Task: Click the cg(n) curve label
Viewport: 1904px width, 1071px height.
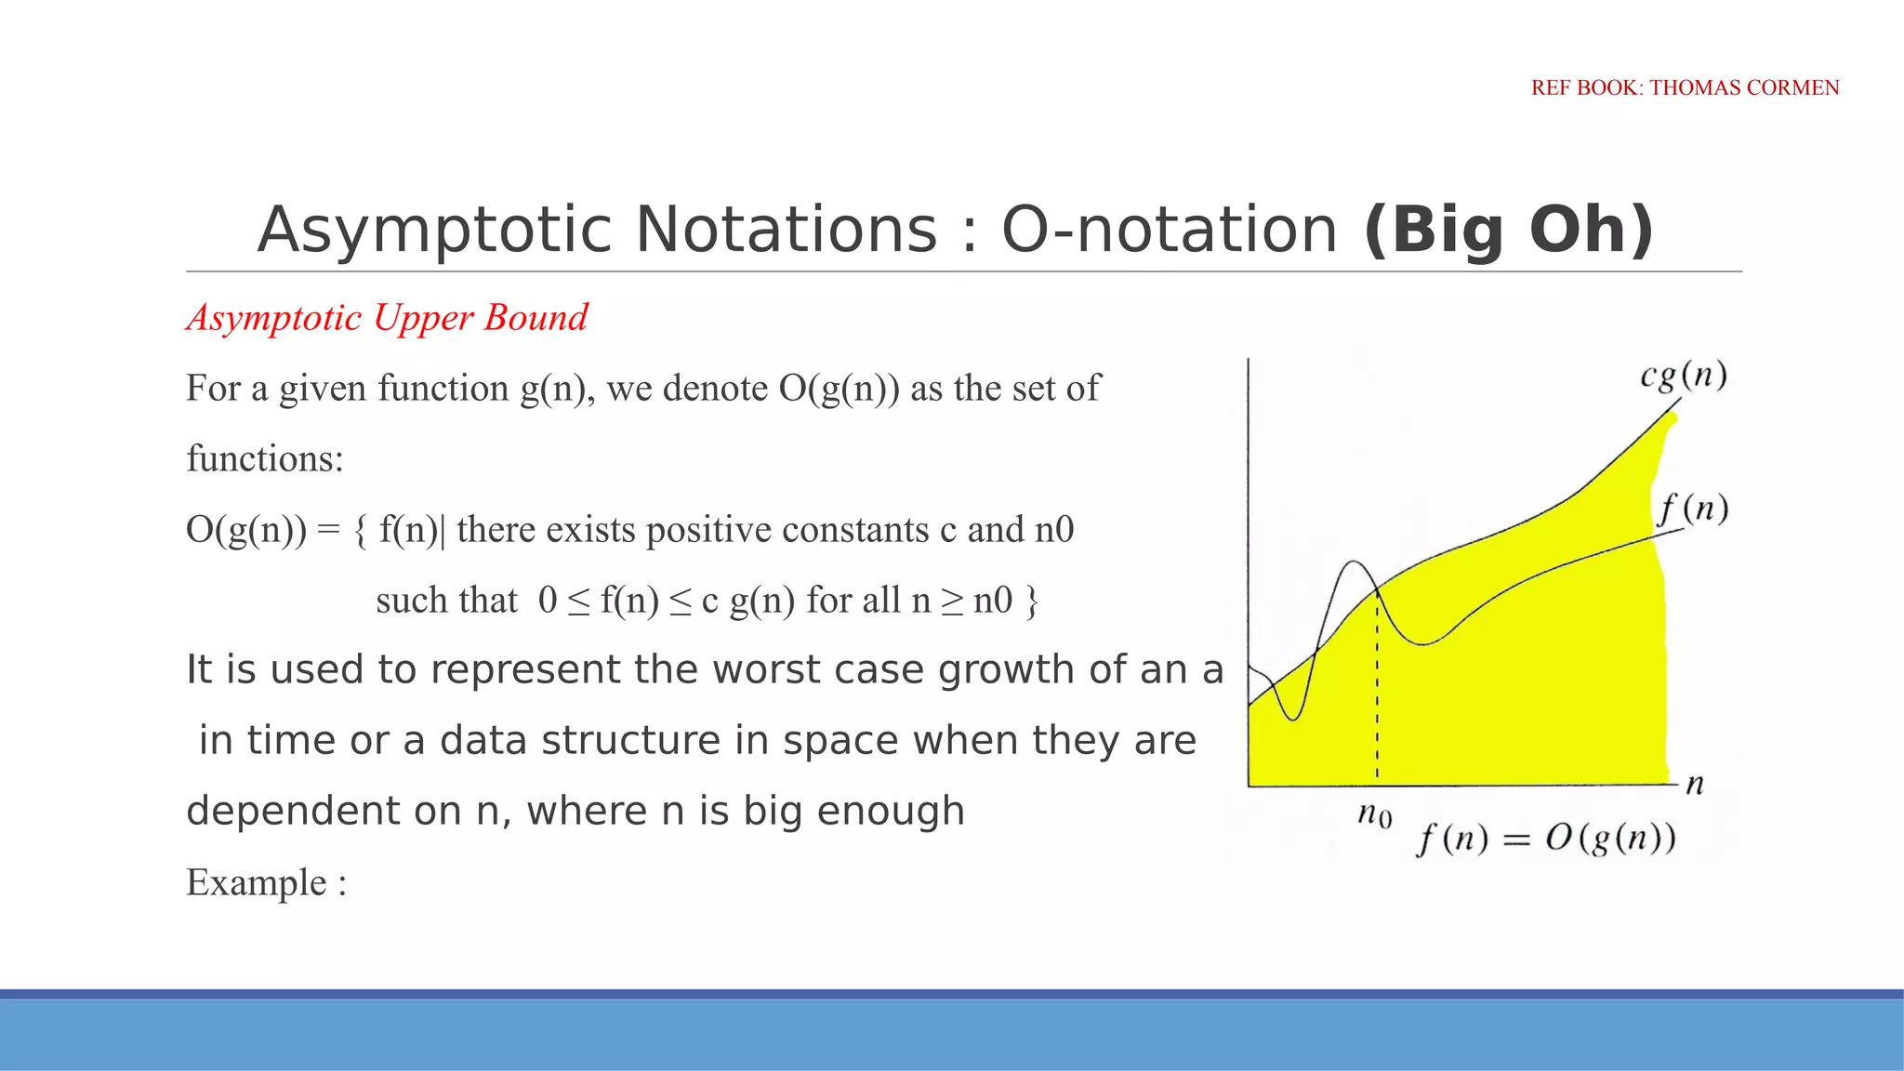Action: pyautogui.click(x=1684, y=376)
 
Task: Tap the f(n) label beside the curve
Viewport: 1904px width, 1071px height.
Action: pyautogui.click(x=1693, y=509)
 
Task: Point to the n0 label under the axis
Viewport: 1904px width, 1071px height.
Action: pyautogui.click(x=1374, y=815)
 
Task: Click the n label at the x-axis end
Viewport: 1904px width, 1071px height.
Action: pyautogui.click(x=1695, y=785)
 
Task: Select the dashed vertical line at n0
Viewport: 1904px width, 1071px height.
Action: pyautogui.click(x=1377, y=688)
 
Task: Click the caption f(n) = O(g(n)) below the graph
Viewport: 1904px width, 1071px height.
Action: pyautogui.click(x=1545, y=839)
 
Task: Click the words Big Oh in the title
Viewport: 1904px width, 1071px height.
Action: pyautogui.click(x=1509, y=230)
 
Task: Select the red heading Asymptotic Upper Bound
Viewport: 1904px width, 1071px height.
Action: pyautogui.click(x=387, y=318)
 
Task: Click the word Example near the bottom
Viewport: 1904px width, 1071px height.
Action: pyautogui.click(x=257, y=882)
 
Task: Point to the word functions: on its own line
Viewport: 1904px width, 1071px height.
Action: pyautogui.click(x=265, y=458)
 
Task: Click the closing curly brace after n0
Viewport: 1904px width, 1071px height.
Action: pyautogui.click(x=1031, y=601)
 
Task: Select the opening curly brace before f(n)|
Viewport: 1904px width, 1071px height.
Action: pyautogui.click(x=361, y=530)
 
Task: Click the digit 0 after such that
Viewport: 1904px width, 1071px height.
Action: pyautogui.click(x=548, y=601)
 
